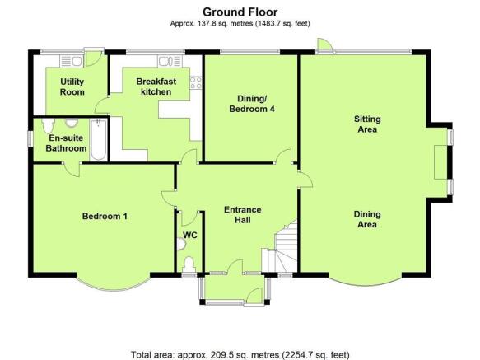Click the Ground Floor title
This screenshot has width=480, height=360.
[x=240, y=12]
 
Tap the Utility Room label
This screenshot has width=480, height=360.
[x=72, y=87]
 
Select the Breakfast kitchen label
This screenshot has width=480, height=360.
[x=156, y=86]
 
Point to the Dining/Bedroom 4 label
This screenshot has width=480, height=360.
[x=252, y=104]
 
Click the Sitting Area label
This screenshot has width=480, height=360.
[x=367, y=124]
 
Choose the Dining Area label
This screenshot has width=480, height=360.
[x=367, y=219]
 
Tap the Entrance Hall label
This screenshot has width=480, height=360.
[x=243, y=215]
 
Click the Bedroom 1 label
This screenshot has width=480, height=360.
[x=105, y=217]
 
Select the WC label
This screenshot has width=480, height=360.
[x=190, y=236]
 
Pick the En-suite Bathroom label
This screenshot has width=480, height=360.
[x=66, y=143]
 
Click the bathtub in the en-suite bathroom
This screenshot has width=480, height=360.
[x=98, y=140]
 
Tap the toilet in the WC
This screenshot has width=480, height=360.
[x=189, y=264]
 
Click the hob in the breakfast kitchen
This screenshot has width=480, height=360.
[x=196, y=82]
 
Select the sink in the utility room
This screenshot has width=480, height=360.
[x=72, y=61]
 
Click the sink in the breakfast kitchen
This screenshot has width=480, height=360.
[x=170, y=61]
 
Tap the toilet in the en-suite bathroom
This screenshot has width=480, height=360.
[x=48, y=125]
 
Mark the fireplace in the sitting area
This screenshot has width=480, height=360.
[x=440, y=161]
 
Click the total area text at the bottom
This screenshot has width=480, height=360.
[x=240, y=355]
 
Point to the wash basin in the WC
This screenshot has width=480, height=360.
[x=182, y=244]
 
